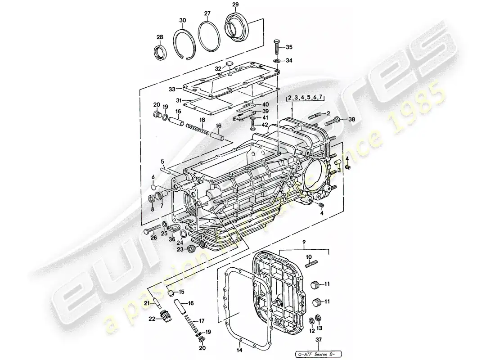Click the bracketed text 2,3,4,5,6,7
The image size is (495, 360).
pyautogui.click(x=306, y=97)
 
